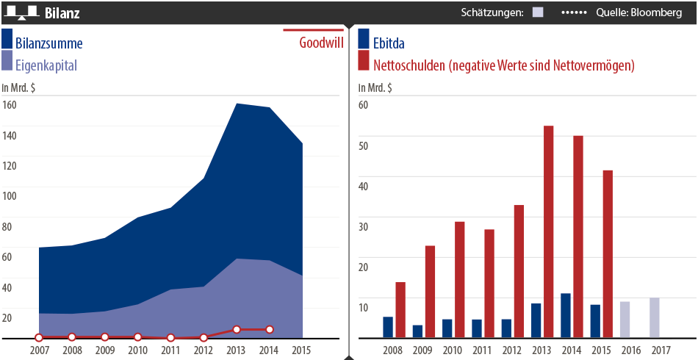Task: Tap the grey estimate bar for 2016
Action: click(x=625, y=320)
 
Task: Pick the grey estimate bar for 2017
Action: click(x=655, y=318)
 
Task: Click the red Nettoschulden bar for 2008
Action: click(x=400, y=310)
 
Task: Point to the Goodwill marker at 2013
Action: click(x=237, y=330)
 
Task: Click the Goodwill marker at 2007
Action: click(x=39, y=337)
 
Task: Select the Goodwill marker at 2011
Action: click(x=170, y=338)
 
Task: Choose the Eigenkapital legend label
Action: click(x=46, y=65)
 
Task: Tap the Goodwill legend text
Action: click(x=321, y=43)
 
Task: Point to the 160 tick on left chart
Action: click(x=9, y=104)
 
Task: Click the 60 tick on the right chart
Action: click(x=363, y=104)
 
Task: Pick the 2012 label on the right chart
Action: click(x=512, y=350)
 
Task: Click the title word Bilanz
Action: click(x=62, y=13)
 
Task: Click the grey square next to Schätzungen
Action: click(x=538, y=12)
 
